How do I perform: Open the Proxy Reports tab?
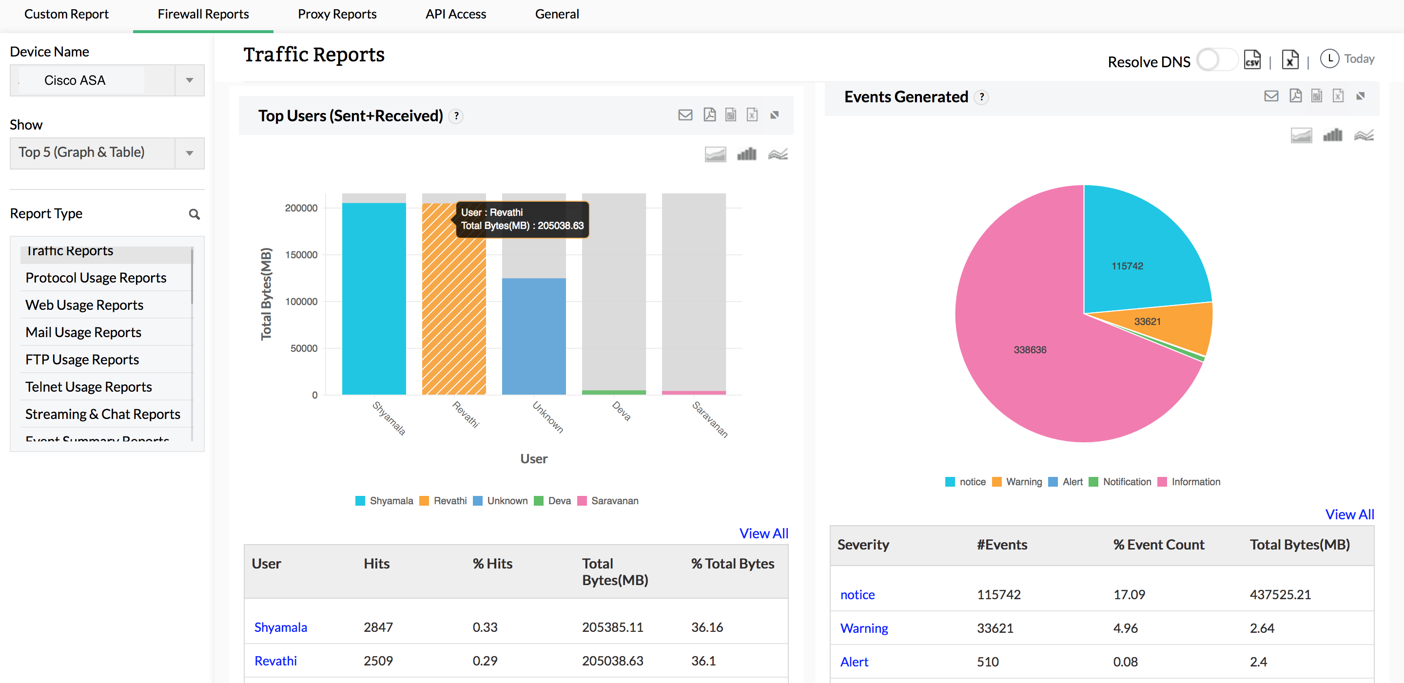337,14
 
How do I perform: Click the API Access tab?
455,14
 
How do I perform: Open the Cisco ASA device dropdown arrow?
189,80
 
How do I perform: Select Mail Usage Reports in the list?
83,332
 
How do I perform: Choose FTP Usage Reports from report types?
82,360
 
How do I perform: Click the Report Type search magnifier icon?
194,214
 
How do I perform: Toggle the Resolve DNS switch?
1216,60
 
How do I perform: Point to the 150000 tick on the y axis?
301,254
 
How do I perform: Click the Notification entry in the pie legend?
1126,481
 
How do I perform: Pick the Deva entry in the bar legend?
559,500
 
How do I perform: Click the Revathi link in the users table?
276,661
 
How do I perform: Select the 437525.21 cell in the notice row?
1280,594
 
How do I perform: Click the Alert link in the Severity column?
854,662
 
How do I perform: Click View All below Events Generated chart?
1349,514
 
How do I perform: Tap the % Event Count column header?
1158,545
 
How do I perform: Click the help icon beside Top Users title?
456,116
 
